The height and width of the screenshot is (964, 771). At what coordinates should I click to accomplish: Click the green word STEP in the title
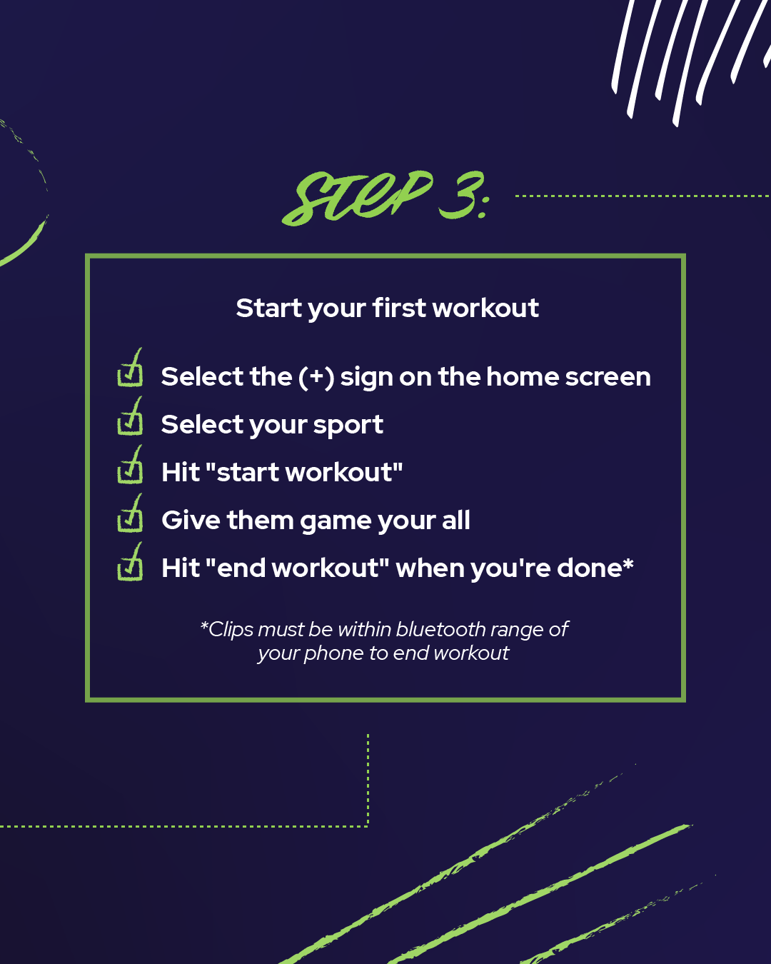point(357,198)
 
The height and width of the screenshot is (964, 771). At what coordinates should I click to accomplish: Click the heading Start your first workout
point(387,308)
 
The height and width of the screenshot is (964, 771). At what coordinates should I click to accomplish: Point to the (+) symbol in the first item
point(316,377)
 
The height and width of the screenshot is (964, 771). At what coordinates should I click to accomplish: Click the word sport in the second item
point(348,425)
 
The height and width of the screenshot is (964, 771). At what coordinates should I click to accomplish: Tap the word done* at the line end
point(595,568)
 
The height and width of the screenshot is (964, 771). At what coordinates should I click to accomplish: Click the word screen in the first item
point(608,377)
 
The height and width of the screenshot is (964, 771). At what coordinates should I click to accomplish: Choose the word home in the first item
point(523,376)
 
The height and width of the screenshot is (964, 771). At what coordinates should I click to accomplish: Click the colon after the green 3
point(483,206)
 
